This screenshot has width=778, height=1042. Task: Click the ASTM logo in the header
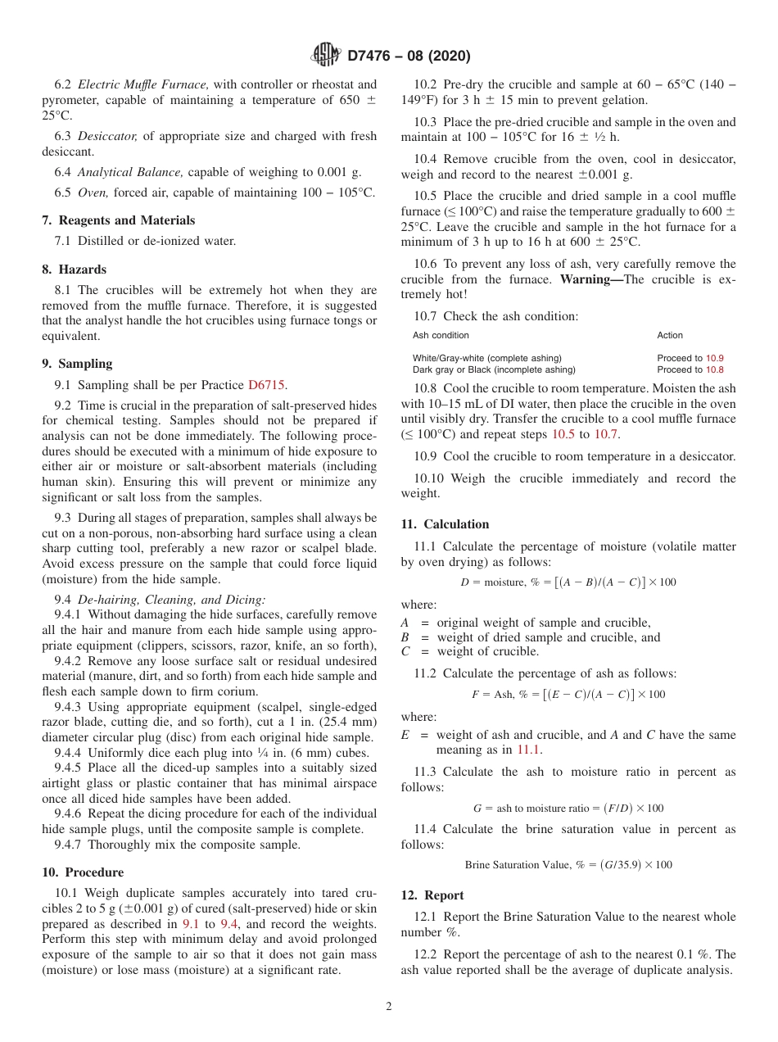326,56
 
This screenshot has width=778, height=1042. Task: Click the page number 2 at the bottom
389,1006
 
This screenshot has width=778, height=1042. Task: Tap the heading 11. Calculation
445,524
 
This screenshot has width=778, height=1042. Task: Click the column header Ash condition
441,335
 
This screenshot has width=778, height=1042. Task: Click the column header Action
669,335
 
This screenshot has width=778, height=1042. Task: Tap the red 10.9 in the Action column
714,358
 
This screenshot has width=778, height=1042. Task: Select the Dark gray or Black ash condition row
494,369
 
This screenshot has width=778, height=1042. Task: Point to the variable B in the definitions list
405,637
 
